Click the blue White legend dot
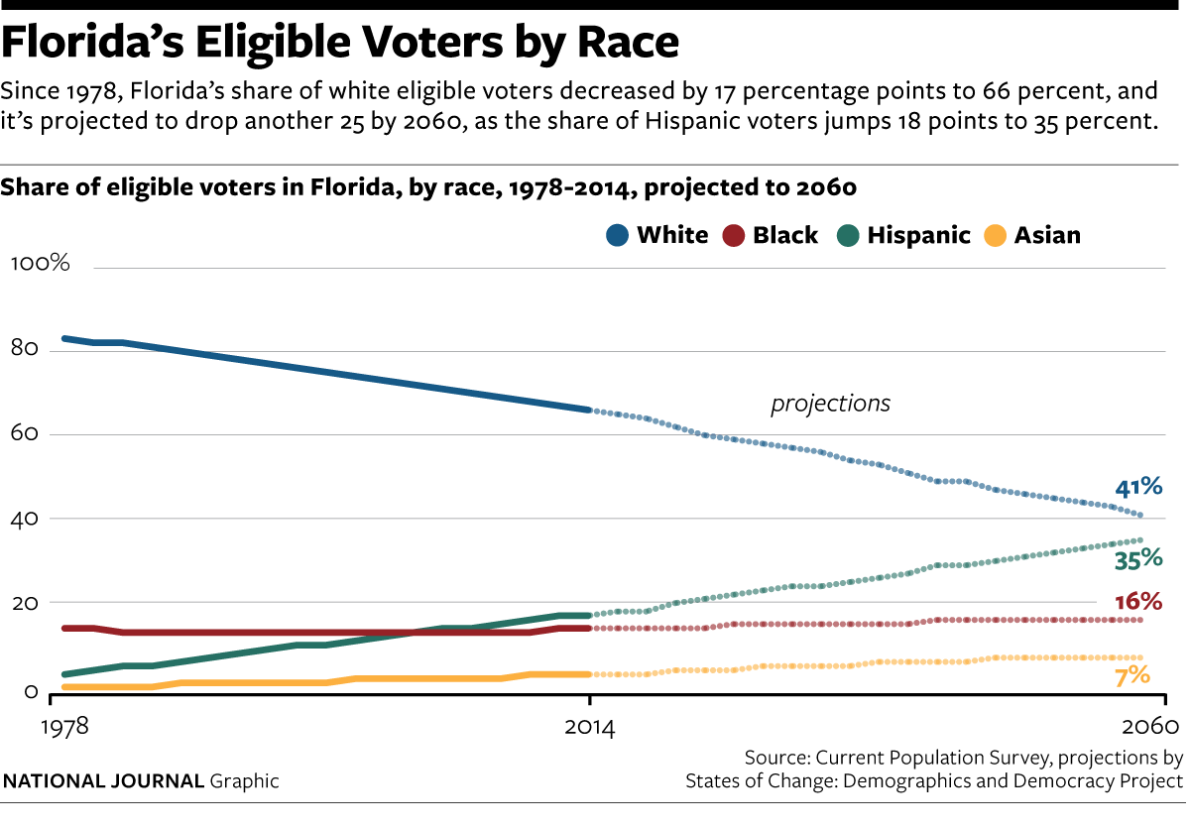pos(617,236)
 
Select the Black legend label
pos(785,236)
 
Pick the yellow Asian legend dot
pos(995,236)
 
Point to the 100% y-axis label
pos(40,264)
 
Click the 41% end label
pos(1138,487)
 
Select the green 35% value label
pos(1138,560)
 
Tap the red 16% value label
pos(1138,602)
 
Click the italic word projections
pos(831,405)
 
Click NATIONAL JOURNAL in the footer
pos(104,781)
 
